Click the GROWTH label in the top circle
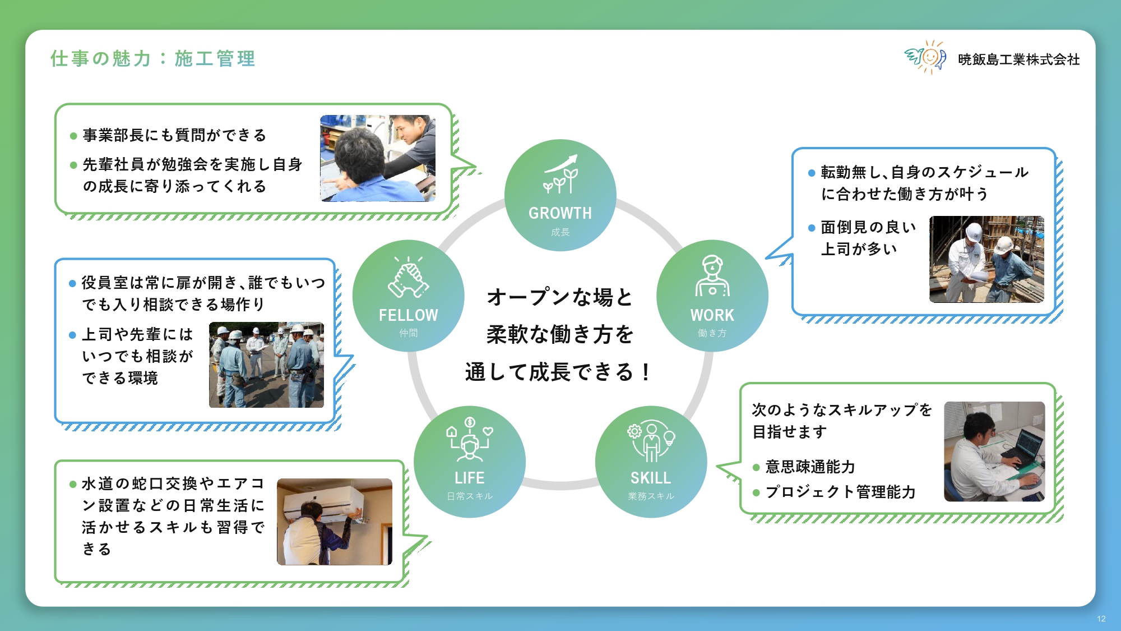coord(560,213)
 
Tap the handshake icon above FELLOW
coord(409,277)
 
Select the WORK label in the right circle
coord(712,315)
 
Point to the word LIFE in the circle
coord(470,478)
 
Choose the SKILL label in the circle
coord(651,478)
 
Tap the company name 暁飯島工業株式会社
coord(1018,59)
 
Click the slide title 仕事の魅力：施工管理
coord(152,58)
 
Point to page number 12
coord(1101,619)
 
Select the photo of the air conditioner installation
coord(335,522)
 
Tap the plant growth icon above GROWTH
coord(560,174)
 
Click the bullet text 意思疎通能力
coord(810,467)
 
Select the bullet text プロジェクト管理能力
coord(840,492)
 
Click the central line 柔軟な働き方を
coord(560,334)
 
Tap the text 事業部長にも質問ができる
coord(174,135)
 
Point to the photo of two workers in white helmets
coord(986,259)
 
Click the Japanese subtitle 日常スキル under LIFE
coord(470,496)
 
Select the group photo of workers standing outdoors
coord(266,365)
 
